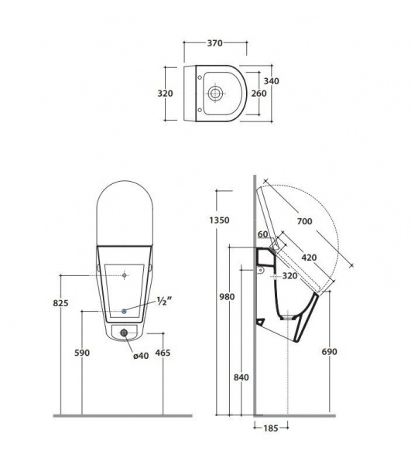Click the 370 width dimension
[214, 43]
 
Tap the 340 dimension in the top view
[271, 80]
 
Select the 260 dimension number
[259, 94]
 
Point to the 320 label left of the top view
[165, 94]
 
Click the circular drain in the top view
[215, 94]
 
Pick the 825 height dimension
[60, 303]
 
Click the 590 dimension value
[82, 353]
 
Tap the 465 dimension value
[163, 353]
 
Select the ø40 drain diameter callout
[141, 356]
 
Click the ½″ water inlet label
[164, 302]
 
